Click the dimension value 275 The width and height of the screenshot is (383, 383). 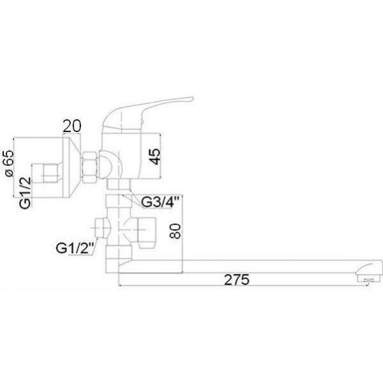pos(237,280)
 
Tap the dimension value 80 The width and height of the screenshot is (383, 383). pos(176,231)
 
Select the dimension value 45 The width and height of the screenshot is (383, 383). pos(155,156)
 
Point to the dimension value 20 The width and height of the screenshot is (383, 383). pos(71,126)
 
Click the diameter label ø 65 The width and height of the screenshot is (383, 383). pos(10,163)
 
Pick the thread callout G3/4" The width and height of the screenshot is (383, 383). pos(160,202)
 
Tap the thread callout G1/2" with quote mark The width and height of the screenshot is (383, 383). pos(75,248)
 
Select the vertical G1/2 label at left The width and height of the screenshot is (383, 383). pos(26,193)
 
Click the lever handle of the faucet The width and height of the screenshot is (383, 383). pos(147,114)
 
